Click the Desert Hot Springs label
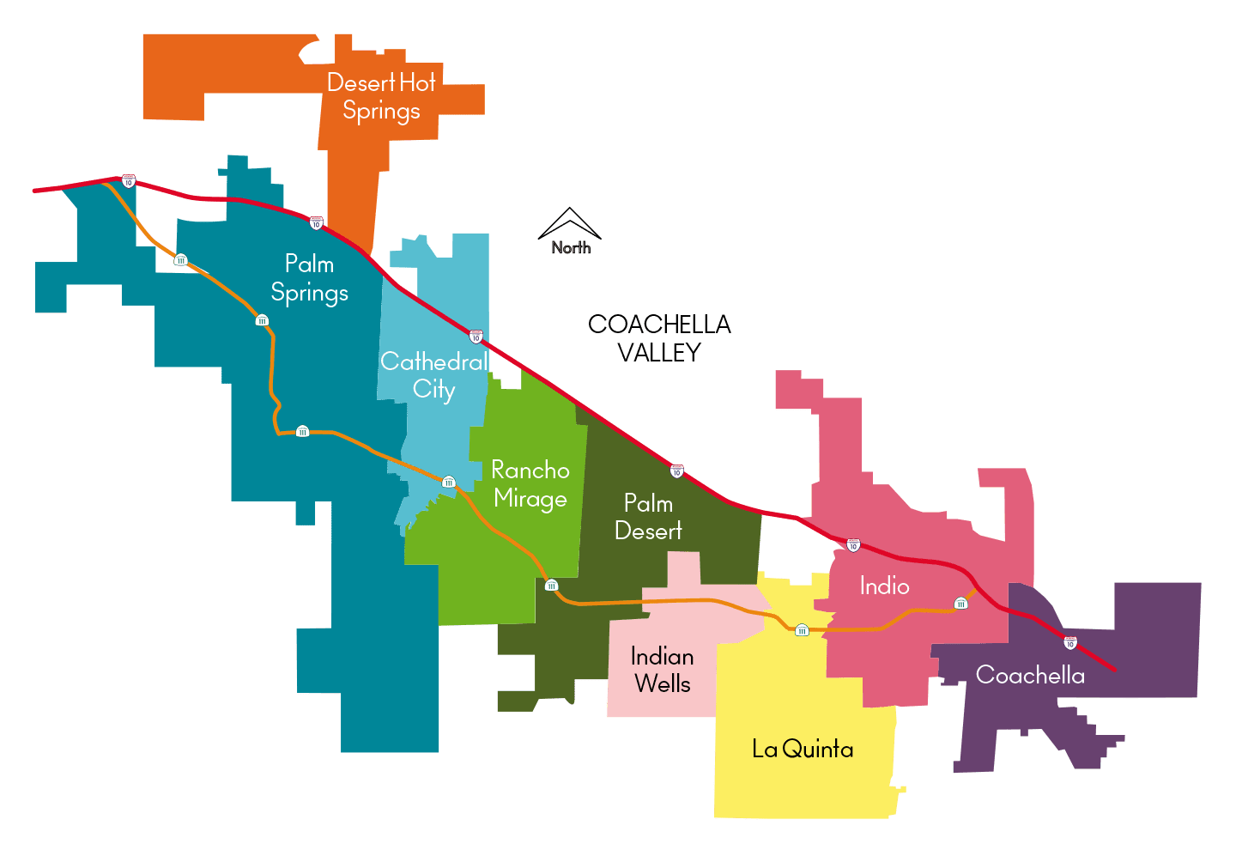pos(381,96)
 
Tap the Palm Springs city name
pos(309,278)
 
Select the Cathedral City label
pos(433,375)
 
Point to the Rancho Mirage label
pos(530,484)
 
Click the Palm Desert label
pos(648,517)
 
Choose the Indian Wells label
pos(662,670)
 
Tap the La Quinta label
pos(803,750)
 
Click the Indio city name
pos(884,586)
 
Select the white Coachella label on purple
pos(1030,676)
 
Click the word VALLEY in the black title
pos(659,352)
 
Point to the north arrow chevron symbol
pos(569,222)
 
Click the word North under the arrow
pos(571,248)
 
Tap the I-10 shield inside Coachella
pos(1069,642)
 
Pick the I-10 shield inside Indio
pos(853,545)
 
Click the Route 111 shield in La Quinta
pos(802,630)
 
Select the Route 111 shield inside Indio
pos(960,604)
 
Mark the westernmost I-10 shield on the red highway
pos(129,181)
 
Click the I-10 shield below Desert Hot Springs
pos(316,223)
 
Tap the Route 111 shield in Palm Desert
pos(551,586)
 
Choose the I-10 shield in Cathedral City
pos(476,337)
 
